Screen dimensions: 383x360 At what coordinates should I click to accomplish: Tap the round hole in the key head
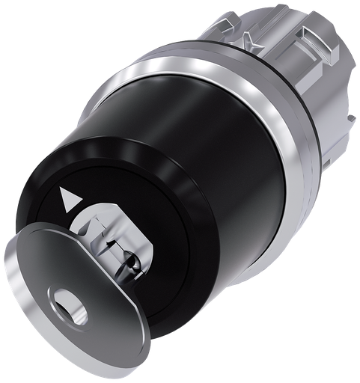(x=73, y=312)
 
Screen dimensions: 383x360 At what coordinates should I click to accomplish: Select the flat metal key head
(x=56, y=314)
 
